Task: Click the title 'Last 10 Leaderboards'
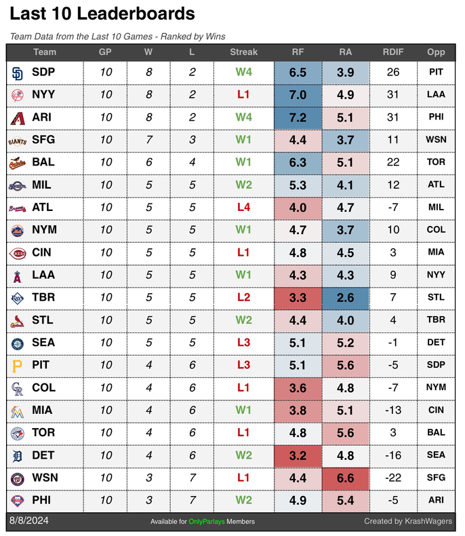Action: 102,14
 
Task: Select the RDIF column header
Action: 392,52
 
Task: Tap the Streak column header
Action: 243,52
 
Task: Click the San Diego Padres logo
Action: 18,72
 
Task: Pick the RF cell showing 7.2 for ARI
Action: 298,117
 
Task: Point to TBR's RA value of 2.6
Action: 345,297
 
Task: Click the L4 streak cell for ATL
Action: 243,207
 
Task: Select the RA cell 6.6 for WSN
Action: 345,478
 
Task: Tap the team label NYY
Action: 43,95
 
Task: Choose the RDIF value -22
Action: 392,478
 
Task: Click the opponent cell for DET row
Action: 436,455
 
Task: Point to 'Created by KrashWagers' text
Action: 409,521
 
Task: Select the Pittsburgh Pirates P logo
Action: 18,365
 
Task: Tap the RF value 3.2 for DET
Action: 298,455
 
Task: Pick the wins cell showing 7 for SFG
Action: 148,140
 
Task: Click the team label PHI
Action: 41,500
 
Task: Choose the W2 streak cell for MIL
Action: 243,185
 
